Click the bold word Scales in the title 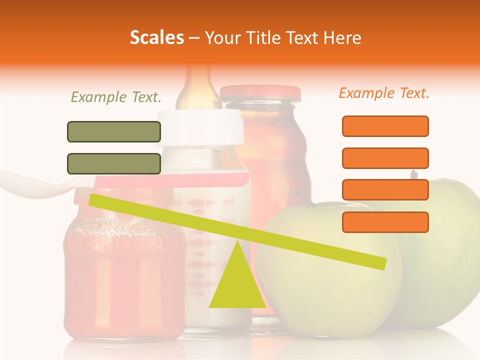(156, 38)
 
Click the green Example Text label (116, 97)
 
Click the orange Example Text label (384, 93)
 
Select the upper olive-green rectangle (114, 131)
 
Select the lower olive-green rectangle (114, 163)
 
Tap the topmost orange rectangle (385, 126)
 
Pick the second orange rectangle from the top (385, 158)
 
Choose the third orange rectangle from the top (385, 189)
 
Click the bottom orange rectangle (385, 222)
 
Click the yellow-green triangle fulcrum (237, 285)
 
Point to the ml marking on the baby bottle (228, 202)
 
